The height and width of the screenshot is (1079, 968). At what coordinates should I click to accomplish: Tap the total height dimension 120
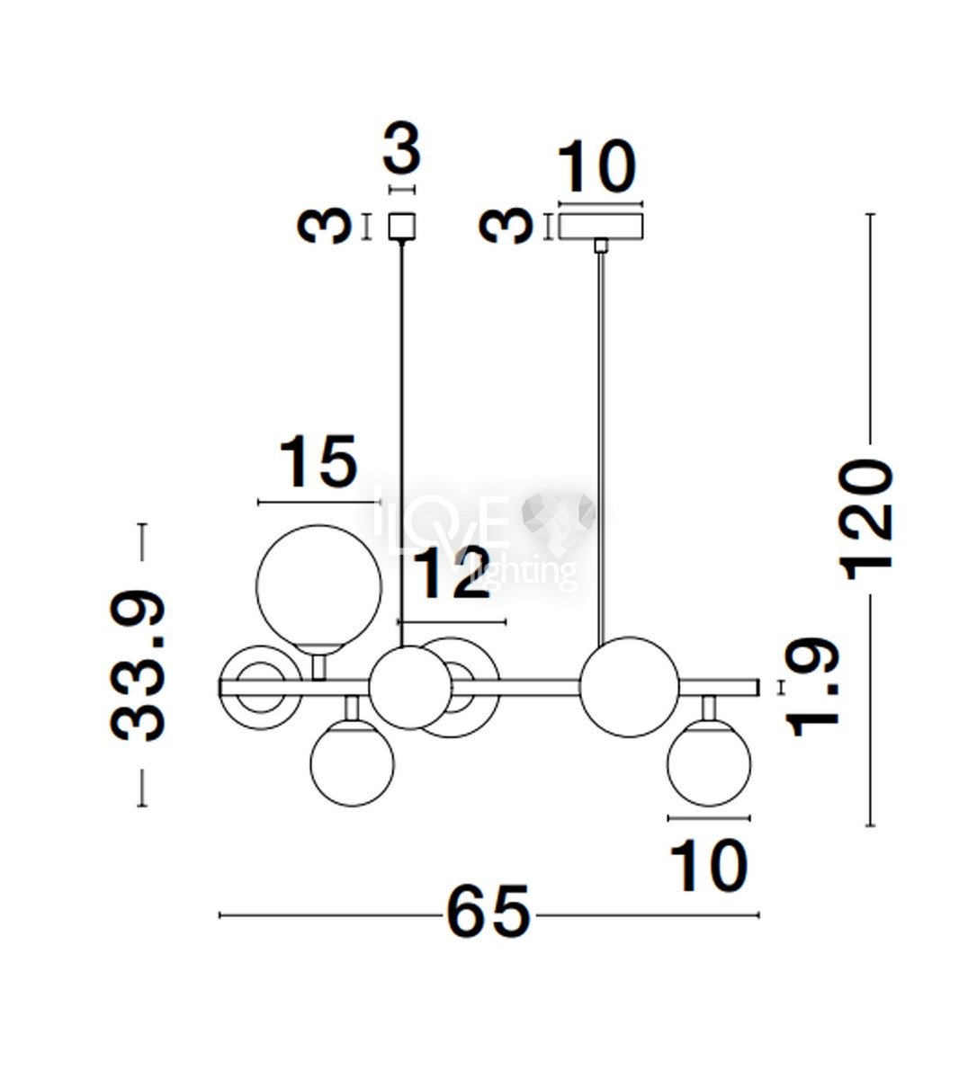[x=865, y=520]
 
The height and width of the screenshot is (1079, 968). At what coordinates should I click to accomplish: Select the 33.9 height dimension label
[x=138, y=665]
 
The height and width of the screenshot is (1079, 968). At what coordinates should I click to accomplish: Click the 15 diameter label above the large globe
[x=318, y=461]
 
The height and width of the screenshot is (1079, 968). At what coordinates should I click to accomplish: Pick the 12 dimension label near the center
[x=452, y=573]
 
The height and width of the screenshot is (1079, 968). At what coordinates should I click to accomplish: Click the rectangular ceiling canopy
[x=601, y=226]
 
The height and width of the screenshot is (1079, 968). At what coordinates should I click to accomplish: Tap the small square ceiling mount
[x=402, y=227]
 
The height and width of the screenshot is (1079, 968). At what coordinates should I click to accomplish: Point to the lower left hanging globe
[x=353, y=762]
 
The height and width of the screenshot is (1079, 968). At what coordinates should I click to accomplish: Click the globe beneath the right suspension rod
[x=630, y=686]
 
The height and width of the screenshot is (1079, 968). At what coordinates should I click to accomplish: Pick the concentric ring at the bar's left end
[x=261, y=687]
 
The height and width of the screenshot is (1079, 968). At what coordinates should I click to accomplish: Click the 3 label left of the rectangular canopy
[x=506, y=226]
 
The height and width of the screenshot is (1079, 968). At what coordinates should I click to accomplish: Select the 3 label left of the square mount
[x=324, y=226]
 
